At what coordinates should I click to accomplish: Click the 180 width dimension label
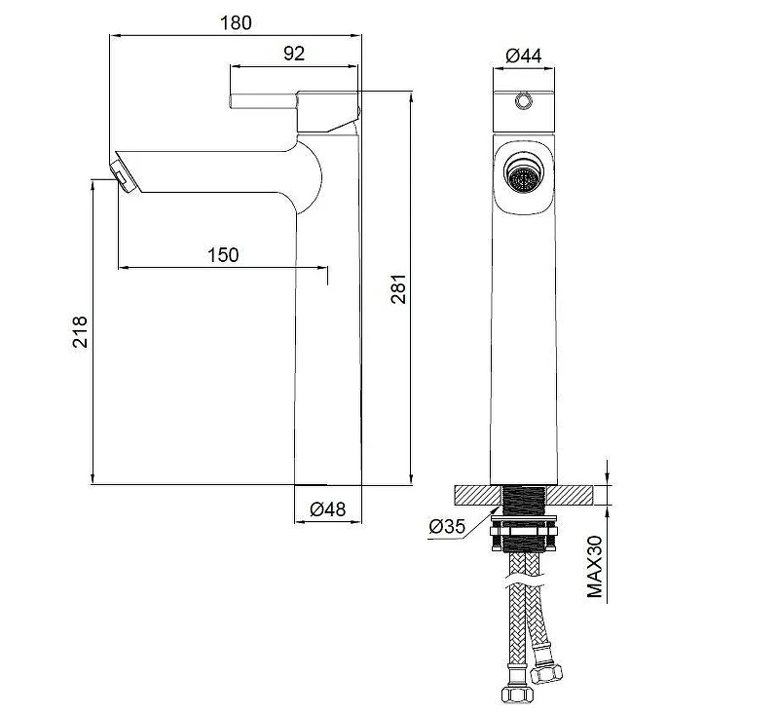tap(236, 22)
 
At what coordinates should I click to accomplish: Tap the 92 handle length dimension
tap(294, 54)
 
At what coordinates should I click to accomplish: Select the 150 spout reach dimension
tap(223, 255)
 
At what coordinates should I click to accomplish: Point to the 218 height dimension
tap(80, 331)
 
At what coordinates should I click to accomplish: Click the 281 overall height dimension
tap(398, 288)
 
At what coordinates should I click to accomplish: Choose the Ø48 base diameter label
tap(328, 508)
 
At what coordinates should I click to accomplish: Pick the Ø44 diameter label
tap(524, 56)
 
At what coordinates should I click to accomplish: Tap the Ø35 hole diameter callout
tap(447, 526)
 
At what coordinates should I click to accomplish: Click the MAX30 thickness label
tap(595, 567)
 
